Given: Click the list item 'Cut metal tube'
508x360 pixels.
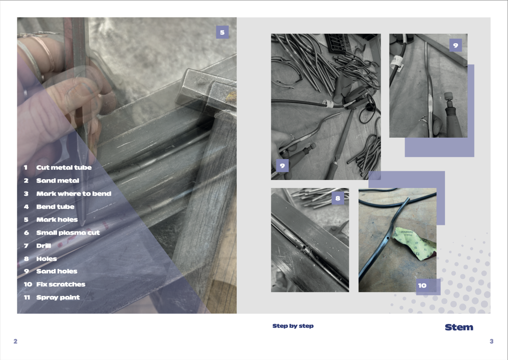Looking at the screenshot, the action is [64, 168].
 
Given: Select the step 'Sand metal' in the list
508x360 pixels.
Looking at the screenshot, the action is [58, 180].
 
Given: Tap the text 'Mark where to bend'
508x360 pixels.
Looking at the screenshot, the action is [74, 194].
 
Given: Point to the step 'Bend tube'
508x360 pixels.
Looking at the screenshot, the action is [55, 207].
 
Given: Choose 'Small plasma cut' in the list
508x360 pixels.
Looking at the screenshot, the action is [68, 233].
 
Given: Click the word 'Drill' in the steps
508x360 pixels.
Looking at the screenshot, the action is [44, 246].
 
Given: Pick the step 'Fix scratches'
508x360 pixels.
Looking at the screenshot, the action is [61, 284].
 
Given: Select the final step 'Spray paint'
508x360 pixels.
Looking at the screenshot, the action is [58, 297].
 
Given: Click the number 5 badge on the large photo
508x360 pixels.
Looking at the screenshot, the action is [222, 32].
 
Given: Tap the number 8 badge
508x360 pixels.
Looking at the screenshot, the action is [338, 198].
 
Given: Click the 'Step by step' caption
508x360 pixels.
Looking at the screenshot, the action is [293, 326].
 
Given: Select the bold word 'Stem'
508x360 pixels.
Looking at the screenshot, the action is [459, 327].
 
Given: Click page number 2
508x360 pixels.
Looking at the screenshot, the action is [15, 341].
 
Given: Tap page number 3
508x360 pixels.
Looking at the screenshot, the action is [491, 341].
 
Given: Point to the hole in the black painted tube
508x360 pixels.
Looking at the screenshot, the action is [388, 238].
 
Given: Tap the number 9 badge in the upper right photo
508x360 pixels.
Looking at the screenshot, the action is [456, 45].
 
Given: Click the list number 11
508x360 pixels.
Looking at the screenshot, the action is [27, 297].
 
